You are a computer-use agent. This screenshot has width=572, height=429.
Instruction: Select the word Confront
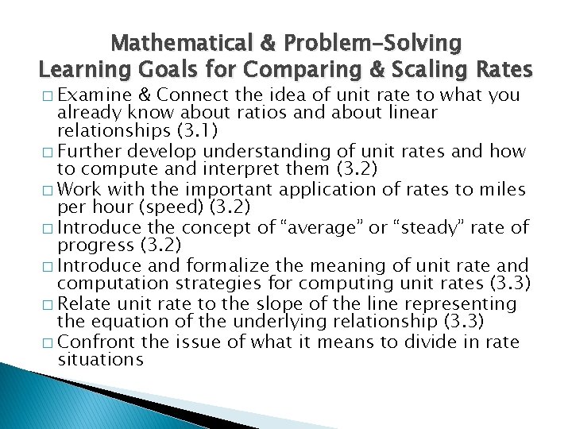coord(92,342)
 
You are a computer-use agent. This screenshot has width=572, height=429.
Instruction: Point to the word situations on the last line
coord(99,360)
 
